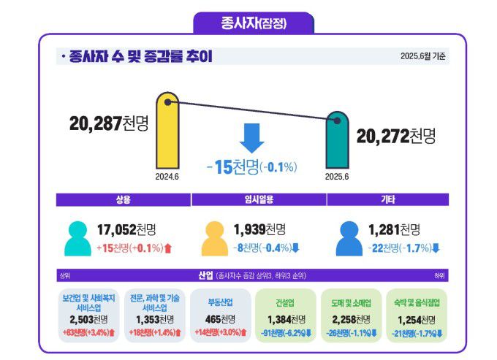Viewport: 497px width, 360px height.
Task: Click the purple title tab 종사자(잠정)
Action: point(254,22)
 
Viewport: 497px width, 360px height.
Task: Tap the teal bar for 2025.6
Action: point(336,142)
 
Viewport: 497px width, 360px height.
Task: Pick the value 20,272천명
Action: point(395,136)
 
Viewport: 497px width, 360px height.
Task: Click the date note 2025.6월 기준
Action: point(422,56)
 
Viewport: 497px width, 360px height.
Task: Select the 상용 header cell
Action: point(123,199)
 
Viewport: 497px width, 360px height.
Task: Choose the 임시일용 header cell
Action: point(258,199)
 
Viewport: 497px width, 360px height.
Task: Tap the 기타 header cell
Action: point(388,199)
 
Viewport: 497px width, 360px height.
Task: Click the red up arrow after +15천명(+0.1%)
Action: point(167,248)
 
